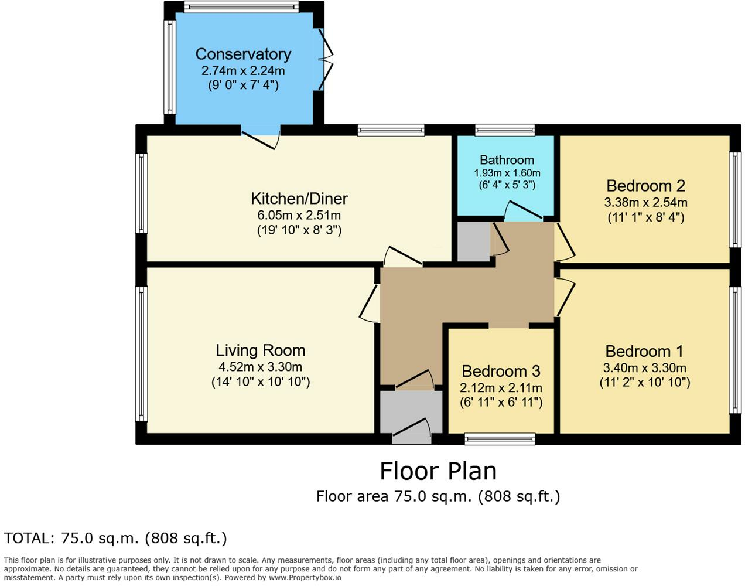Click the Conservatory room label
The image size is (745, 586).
tap(243, 54)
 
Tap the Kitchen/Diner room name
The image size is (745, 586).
tap(299, 199)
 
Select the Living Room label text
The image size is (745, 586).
tap(260, 350)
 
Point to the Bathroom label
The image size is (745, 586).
tap(507, 160)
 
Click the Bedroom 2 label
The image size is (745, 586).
tap(645, 186)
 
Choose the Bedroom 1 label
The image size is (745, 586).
tap(644, 352)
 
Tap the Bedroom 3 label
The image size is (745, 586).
tap(501, 372)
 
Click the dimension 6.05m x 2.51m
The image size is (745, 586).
tap(299, 216)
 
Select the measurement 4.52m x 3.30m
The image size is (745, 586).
tap(260, 367)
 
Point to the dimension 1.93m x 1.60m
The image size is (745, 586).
tap(507, 173)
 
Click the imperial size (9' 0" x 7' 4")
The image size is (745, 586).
tap(243, 85)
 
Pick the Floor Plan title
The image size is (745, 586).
tap(438, 471)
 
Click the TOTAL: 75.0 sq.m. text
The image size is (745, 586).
tap(72, 538)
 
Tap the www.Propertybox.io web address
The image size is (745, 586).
tap(305, 578)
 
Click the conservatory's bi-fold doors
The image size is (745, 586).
tap(326, 60)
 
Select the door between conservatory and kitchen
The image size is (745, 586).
tap(260, 139)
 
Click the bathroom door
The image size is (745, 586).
tap(523, 211)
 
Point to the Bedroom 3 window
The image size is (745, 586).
tap(500, 439)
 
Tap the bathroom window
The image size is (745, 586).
tap(505, 130)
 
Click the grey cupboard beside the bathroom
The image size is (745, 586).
tap(474, 242)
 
